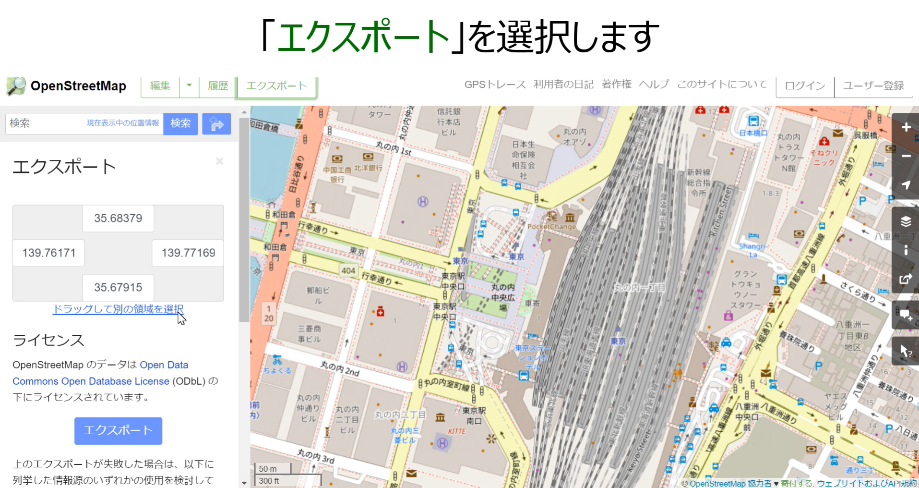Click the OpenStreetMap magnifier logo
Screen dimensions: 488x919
tap(16, 86)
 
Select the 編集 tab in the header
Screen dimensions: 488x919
tap(160, 86)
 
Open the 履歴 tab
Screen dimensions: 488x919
tap(218, 86)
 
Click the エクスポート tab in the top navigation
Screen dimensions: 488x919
tap(276, 86)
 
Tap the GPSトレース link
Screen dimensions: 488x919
tap(495, 85)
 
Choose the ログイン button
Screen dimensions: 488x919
tap(805, 86)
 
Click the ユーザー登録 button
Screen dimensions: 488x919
tap(873, 86)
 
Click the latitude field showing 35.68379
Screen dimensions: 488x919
tap(118, 219)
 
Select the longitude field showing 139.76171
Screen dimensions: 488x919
tap(48, 253)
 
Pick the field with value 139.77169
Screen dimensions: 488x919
tap(188, 253)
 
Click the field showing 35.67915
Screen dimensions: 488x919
tap(118, 288)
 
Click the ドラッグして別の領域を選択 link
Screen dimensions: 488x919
tap(118, 309)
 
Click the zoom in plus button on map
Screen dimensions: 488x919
tap(906, 127)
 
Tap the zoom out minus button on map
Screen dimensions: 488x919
tap(906, 156)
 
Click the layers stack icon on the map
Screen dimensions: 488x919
tap(906, 221)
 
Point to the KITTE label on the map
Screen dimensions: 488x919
tap(456, 431)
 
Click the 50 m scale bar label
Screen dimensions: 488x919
tap(268, 469)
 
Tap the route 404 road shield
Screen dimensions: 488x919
tap(348, 271)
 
